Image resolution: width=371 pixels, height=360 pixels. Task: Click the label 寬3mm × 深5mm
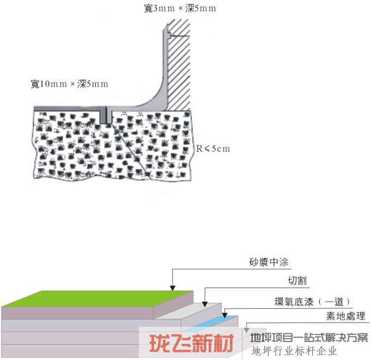[x=180, y=9]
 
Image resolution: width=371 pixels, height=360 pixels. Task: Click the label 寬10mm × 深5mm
[x=70, y=84]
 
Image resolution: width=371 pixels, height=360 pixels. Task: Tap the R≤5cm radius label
[x=213, y=149]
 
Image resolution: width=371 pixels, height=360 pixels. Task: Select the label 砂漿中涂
[x=269, y=262]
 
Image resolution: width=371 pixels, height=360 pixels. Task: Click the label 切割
[x=297, y=281]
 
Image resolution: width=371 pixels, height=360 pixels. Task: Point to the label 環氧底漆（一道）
[x=312, y=302]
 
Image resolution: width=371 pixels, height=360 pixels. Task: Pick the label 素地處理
[x=346, y=316]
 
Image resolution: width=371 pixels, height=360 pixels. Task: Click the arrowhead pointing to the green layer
[x=173, y=288]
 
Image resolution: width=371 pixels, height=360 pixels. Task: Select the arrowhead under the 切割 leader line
[x=205, y=304]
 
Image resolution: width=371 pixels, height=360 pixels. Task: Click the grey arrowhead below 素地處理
[x=247, y=330]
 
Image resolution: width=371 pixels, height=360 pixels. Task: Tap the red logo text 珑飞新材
[x=192, y=344]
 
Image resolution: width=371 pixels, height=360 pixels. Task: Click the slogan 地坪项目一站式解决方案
[x=309, y=338]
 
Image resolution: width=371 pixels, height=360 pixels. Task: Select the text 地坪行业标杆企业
[x=294, y=351]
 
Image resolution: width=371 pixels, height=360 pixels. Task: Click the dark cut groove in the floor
[x=104, y=115]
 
